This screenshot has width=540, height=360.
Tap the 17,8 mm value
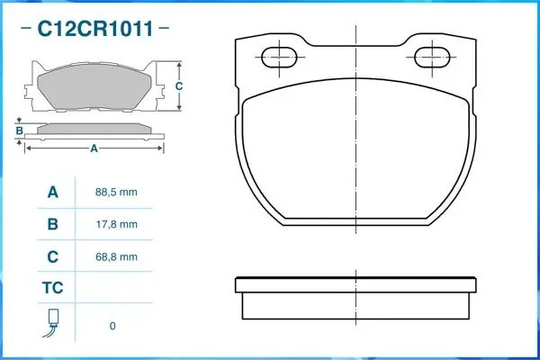116,225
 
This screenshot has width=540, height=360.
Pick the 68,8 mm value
116,256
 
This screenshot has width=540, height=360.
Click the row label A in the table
53,193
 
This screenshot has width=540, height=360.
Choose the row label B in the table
53,225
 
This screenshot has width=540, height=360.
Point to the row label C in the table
53,256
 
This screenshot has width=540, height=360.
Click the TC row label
53,289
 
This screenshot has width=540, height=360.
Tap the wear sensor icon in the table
53,322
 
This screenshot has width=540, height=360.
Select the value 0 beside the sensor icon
112,326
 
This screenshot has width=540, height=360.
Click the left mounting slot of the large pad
278,58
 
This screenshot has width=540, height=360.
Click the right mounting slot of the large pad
434,58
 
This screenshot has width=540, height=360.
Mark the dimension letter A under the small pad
94,148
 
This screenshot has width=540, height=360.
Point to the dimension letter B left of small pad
20,131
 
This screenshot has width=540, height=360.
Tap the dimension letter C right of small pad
179,86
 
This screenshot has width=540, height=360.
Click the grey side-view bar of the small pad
94,128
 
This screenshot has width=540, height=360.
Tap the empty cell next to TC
116,289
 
